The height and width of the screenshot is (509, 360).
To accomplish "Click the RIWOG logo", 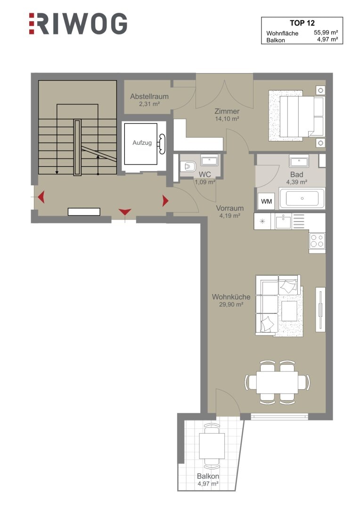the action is (x=78, y=24).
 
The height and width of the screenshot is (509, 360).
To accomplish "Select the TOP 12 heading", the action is (x=302, y=23).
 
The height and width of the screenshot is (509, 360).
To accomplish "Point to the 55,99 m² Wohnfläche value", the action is (x=326, y=33).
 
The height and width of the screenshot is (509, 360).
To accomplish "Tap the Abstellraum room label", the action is (x=149, y=97).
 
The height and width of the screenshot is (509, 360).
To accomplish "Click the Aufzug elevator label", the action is (x=142, y=142).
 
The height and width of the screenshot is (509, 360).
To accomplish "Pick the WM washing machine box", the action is (x=267, y=202).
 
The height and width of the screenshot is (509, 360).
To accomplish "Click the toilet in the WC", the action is (x=188, y=166).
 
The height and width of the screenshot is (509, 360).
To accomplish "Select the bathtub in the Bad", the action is (x=302, y=198).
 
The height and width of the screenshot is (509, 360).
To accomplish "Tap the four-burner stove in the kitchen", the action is (x=317, y=241).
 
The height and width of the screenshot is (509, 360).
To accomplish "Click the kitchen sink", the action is (x=283, y=222).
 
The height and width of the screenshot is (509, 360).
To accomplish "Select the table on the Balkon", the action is (x=212, y=445).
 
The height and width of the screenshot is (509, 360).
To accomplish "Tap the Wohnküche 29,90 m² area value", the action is (x=231, y=304).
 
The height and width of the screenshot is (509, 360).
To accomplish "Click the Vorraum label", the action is (x=230, y=208).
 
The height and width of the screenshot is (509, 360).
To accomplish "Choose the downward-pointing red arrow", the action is (x=125, y=212).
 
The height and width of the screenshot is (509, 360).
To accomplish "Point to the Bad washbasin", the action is (x=299, y=161).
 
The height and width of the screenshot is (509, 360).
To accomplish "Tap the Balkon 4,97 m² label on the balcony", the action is (x=208, y=480).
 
